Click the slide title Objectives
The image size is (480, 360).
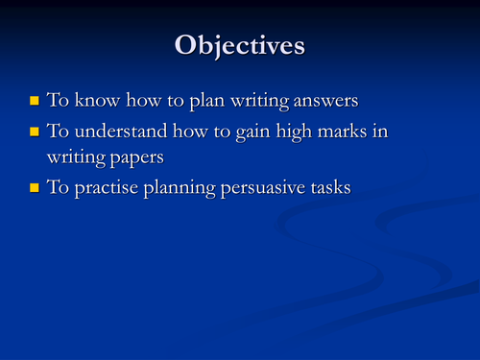[239, 45]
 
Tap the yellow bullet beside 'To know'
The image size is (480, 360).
[36, 99]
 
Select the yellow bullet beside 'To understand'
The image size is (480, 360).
[36, 130]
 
